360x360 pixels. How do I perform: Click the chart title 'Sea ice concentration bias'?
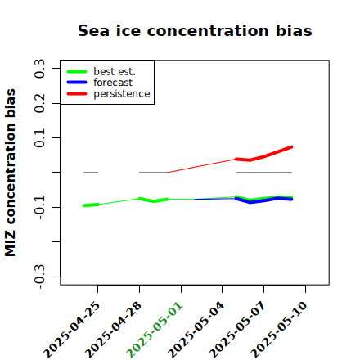[x=195, y=30]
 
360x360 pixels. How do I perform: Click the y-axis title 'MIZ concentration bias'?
[x=11, y=173]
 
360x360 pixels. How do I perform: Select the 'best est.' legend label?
[x=115, y=71]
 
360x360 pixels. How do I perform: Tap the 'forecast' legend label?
[x=113, y=83]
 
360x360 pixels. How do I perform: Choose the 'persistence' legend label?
[x=122, y=94]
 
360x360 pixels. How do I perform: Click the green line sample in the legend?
[x=77, y=71]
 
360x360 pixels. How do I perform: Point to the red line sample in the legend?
[x=77, y=94]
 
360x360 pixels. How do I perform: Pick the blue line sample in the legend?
[x=77, y=83]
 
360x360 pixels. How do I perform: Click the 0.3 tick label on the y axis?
[x=39, y=68]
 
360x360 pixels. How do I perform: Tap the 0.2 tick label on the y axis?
[x=39, y=103]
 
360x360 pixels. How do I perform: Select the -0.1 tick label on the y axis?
[x=39, y=208]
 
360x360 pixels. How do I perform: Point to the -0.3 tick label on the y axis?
[x=39, y=277]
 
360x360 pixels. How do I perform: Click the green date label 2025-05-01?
[x=155, y=330]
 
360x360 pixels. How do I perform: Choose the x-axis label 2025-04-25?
[x=71, y=330]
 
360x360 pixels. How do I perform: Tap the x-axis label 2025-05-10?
[x=279, y=330]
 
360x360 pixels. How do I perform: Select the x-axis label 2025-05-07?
[x=237, y=330]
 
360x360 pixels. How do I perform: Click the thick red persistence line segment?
[x=264, y=156]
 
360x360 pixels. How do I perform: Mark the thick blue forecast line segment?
[x=263, y=200]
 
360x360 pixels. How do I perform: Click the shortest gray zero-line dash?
[x=91, y=173]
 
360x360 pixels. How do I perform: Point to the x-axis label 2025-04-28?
[x=113, y=330]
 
